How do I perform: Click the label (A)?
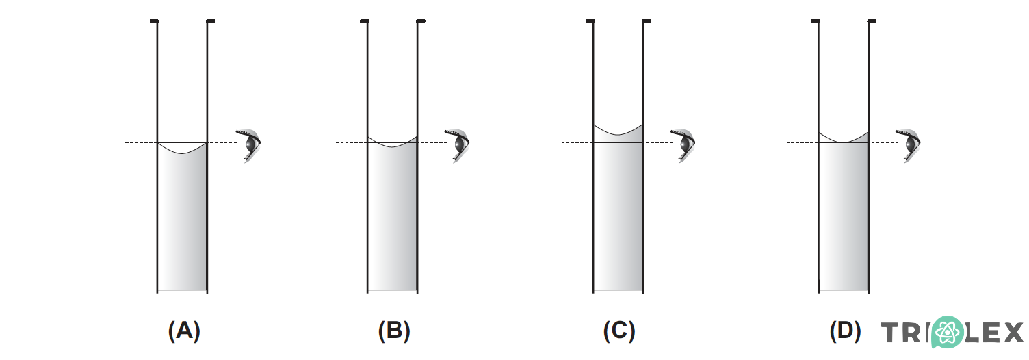point(184,331)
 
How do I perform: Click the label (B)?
point(394,331)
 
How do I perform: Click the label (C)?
point(619,331)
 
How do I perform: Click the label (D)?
point(845,331)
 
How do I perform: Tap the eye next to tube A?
point(250,144)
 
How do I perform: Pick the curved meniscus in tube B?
point(392,146)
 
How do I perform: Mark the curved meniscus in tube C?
point(618,134)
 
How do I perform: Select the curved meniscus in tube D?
point(844,142)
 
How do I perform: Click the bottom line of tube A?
point(182,290)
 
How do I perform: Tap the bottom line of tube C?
point(618,290)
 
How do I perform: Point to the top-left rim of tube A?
point(155,22)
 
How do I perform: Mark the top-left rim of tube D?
point(816,22)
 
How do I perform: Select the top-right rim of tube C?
point(647,22)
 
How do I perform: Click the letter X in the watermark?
point(1010,333)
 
